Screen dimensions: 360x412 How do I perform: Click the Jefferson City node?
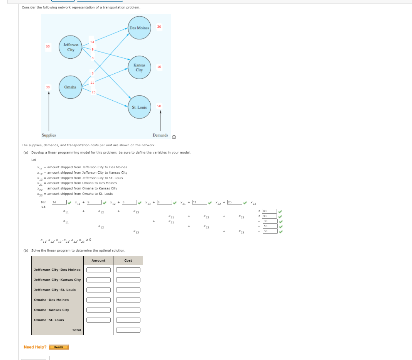[71, 47]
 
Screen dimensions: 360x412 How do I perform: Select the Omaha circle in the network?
[70, 87]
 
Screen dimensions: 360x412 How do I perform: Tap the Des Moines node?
[139, 28]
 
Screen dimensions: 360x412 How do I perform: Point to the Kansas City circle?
[139, 68]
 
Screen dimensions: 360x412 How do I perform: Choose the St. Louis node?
[139, 107]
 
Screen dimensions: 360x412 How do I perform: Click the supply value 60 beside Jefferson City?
[48, 46]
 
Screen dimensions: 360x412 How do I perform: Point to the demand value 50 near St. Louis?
[159, 106]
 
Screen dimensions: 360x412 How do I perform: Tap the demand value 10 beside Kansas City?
[159, 67]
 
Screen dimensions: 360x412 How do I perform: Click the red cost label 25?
[93, 92]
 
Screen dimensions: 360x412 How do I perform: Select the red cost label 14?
[92, 42]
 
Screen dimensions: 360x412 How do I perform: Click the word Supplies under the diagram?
[49, 135]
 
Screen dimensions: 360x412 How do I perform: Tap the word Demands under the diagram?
[160, 135]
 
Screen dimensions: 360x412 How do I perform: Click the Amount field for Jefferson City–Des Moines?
[98, 270]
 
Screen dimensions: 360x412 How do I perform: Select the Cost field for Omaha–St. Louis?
[128, 320]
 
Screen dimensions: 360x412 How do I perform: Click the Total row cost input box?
[128, 330]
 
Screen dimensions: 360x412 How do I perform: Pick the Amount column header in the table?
[98, 260]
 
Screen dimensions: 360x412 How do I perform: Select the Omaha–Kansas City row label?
[52, 310]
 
